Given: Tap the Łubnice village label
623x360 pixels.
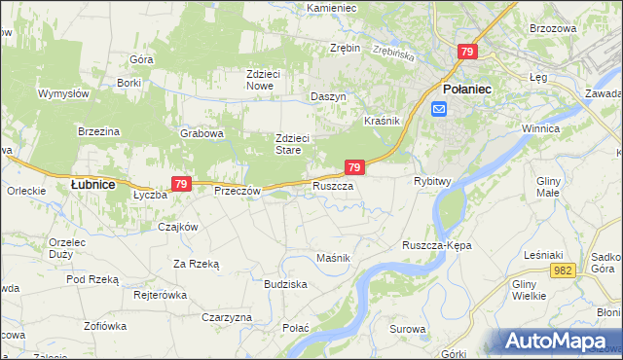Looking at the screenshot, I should point(93,184).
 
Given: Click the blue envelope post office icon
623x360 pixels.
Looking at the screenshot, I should point(439,108).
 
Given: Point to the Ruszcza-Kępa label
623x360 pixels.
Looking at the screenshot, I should point(436,246).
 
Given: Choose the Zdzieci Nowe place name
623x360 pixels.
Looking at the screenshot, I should point(273,80).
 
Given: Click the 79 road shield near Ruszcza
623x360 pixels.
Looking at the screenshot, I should point(355,168).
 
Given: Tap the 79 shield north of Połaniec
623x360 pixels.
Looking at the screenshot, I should point(468,52).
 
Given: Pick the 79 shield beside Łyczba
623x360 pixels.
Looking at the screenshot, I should point(180,183).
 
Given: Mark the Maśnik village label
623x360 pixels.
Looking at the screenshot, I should point(333,257).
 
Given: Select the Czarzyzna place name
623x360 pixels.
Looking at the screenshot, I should point(227,318).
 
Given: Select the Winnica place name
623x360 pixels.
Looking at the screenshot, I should point(566,128).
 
